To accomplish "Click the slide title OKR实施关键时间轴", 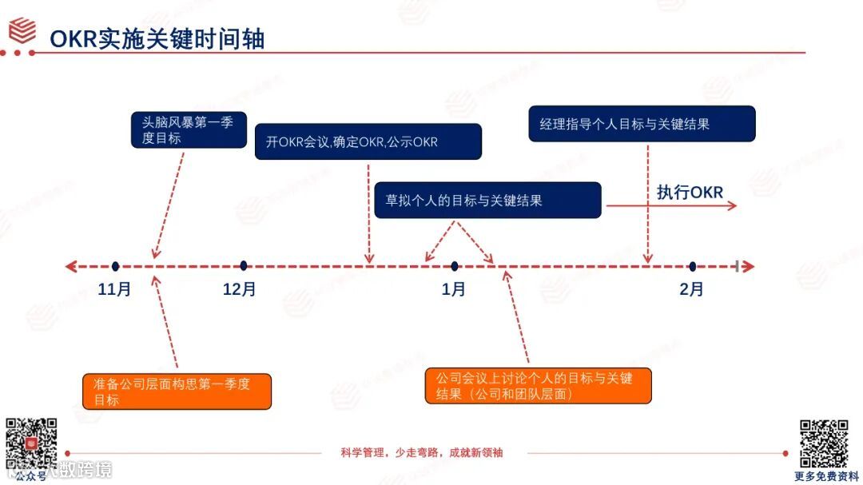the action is tap(157, 38).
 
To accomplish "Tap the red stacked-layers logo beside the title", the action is tap(23, 30).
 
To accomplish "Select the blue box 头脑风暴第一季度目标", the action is tap(189, 130).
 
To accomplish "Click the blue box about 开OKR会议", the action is tap(368, 141).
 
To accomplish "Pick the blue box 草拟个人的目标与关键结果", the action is tap(487, 200).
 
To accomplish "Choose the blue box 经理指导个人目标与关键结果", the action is tap(642, 124).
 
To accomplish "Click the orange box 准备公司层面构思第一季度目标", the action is tap(177, 392).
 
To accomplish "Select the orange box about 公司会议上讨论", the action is tap(538, 385).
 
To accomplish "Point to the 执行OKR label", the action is tap(690, 193).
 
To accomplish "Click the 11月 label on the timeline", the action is tap(114, 289).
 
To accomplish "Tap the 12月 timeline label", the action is tap(240, 289).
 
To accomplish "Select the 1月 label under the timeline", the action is tap(453, 289).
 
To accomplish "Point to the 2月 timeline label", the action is tap(691, 289).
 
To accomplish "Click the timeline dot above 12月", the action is tap(243, 266).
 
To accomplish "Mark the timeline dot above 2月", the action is tap(692, 266).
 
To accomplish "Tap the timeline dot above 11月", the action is tap(116, 266).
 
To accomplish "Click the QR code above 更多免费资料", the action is tap(824, 443).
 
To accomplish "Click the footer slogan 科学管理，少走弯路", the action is tap(422, 452).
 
